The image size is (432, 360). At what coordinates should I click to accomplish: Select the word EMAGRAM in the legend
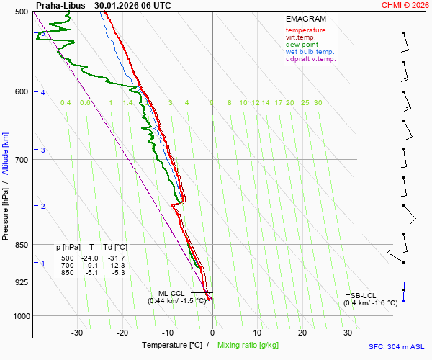[x=305, y=19]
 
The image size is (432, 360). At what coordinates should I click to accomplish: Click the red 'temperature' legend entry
[x=305, y=30]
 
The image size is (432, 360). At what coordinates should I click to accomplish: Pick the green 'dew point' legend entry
[x=301, y=45]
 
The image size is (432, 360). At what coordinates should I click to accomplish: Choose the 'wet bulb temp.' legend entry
[x=310, y=52]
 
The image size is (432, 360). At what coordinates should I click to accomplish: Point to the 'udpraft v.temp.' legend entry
[x=310, y=59]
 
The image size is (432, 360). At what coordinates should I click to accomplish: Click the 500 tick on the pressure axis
[x=22, y=12]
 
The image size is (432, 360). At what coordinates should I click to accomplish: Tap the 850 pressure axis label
[x=22, y=245]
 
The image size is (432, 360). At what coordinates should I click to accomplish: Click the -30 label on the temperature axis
[x=77, y=333]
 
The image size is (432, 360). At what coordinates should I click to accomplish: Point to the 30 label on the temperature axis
[x=348, y=333]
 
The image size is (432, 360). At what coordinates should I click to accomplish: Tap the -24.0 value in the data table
[x=89, y=258]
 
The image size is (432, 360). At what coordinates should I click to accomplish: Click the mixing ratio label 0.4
[x=66, y=103]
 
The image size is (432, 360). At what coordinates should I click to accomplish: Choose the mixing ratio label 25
[x=305, y=103]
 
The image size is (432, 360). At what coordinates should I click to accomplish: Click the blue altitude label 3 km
[x=43, y=150]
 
